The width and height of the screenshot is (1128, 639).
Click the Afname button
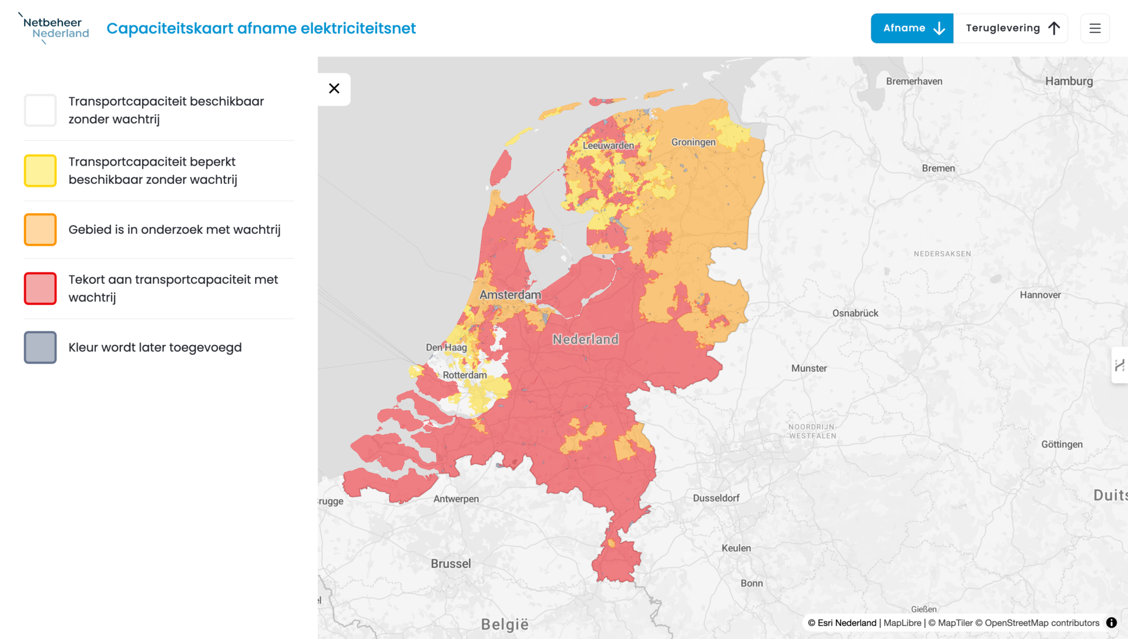(912, 28)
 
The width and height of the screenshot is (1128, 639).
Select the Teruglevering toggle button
(1011, 28)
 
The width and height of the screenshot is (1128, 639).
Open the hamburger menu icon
(1095, 28)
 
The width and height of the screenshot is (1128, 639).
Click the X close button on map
(334, 89)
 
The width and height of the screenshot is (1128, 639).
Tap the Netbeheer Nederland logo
(55, 28)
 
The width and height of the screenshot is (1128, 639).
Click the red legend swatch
(41, 288)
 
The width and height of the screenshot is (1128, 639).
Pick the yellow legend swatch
(41, 171)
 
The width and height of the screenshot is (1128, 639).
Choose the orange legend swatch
(41, 230)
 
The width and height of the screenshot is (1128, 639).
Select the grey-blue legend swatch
(41, 348)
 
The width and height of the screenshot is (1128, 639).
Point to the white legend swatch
(41, 110)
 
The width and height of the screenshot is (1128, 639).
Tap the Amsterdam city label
(510, 295)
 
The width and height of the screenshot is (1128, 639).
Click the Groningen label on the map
(693, 142)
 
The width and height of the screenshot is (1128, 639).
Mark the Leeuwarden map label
(608, 146)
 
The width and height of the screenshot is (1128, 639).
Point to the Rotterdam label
(465, 375)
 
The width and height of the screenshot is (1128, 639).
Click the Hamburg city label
(1069, 81)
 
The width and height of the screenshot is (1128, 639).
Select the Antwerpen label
(456, 499)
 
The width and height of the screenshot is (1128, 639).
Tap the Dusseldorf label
(716, 498)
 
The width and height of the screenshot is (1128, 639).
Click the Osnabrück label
(855, 313)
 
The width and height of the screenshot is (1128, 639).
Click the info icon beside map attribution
(1112, 623)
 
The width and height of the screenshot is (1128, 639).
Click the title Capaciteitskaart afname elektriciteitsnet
(261, 28)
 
